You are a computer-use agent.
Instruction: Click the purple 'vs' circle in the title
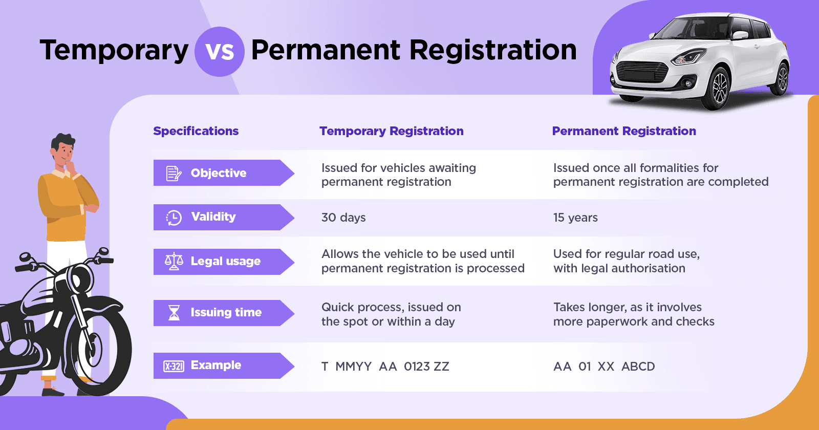(220, 52)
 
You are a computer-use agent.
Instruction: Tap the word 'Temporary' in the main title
(114, 50)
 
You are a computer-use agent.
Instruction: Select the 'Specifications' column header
(196, 131)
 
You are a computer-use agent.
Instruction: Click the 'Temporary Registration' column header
(392, 131)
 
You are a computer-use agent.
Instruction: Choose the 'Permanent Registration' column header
(624, 131)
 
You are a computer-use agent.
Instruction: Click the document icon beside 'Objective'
(174, 174)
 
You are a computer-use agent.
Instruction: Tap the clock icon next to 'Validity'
(174, 218)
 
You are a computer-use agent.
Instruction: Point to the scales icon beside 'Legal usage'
(174, 261)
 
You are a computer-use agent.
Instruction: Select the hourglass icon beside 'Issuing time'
(174, 312)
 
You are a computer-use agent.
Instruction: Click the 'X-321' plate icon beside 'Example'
(174, 366)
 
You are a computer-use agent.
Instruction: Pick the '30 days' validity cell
(343, 218)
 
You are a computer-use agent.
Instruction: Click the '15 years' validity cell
(575, 218)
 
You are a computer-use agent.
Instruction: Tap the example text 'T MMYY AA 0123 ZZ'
(385, 367)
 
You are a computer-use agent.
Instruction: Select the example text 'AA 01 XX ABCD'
(604, 367)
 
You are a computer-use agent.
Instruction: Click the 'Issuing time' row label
(226, 312)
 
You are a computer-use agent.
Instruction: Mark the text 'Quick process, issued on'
(391, 307)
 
